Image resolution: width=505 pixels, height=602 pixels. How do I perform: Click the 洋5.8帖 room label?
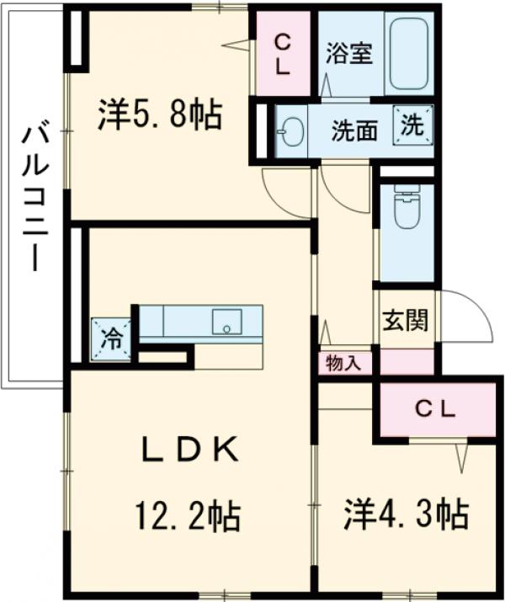click(x=159, y=116)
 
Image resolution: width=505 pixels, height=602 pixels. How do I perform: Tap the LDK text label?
click(x=188, y=450)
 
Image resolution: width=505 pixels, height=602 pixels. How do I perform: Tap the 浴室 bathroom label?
click(x=348, y=53)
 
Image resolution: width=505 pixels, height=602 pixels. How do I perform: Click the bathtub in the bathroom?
click(x=408, y=53)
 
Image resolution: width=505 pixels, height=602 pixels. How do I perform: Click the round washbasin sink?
click(x=290, y=133)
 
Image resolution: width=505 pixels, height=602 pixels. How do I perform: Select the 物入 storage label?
click(x=343, y=364)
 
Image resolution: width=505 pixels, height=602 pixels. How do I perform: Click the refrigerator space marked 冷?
click(x=111, y=339)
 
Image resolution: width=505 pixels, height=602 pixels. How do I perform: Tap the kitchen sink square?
click(x=226, y=322)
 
